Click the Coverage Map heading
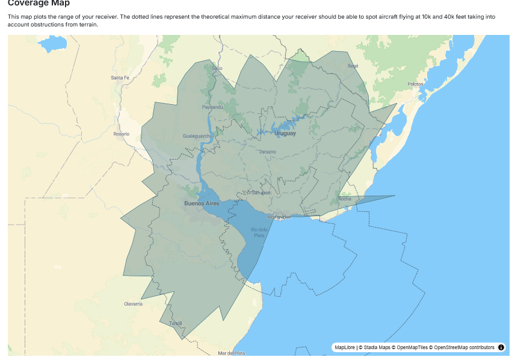[39, 4]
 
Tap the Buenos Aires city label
[202, 203]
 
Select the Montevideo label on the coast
[279, 217]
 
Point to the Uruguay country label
[285, 133]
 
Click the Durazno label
[267, 152]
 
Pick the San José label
[261, 193]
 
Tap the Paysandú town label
[212, 107]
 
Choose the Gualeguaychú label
[197, 136]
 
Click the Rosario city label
[121, 134]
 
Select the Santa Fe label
[120, 78]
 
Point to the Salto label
[217, 68]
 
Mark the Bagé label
[353, 66]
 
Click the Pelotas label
[415, 84]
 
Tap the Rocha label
[345, 199]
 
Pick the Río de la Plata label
[259, 232]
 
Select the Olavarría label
[134, 304]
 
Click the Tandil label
[176, 323]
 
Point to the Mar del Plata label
[232, 353]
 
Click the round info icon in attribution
[501, 347]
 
